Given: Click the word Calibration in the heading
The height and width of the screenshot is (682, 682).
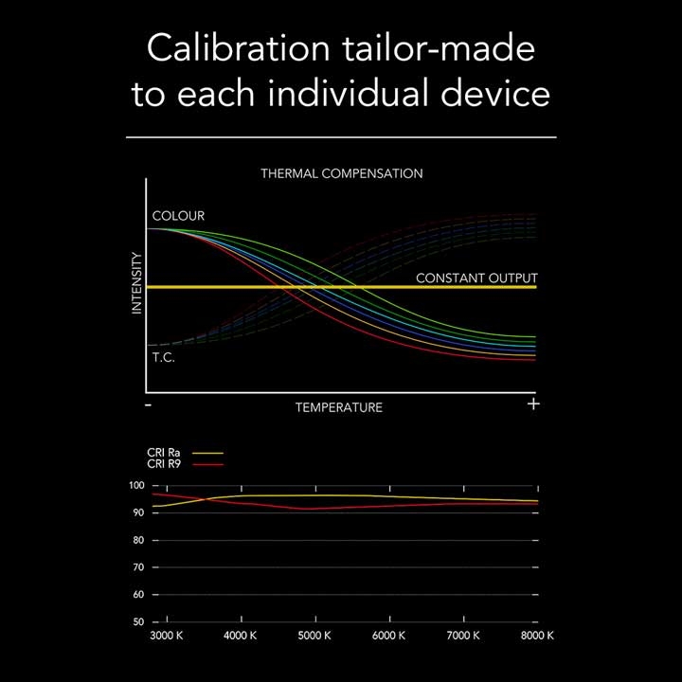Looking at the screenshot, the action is (239, 48).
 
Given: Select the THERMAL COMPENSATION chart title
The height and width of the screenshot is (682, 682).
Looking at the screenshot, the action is (342, 173).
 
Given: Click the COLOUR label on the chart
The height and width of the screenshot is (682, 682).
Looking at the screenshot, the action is (178, 216).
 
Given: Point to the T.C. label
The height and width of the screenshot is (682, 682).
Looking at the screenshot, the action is (164, 357).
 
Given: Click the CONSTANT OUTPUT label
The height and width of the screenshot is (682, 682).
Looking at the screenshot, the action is (476, 278).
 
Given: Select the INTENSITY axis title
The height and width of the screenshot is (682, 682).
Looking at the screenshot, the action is (137, 283).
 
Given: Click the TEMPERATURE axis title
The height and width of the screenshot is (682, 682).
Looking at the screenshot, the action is (339, 407).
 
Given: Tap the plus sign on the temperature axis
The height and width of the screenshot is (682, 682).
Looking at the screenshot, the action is (533, 404).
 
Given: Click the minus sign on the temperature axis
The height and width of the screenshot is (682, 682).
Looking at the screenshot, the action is (149, 405).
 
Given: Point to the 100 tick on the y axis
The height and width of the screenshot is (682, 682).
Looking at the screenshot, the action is (136, 485).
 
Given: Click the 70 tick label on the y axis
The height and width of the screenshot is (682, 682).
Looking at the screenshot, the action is (138, 567).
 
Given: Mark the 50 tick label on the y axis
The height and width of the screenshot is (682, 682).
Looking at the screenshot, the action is (138, 622).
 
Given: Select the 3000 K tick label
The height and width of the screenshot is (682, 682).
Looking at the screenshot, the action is (167, 636).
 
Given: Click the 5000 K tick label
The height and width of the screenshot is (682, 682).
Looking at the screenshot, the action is (314, 636).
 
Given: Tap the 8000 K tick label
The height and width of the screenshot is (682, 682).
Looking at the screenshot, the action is (538, 636).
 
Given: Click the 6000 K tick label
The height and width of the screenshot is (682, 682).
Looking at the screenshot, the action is (389, 636).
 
